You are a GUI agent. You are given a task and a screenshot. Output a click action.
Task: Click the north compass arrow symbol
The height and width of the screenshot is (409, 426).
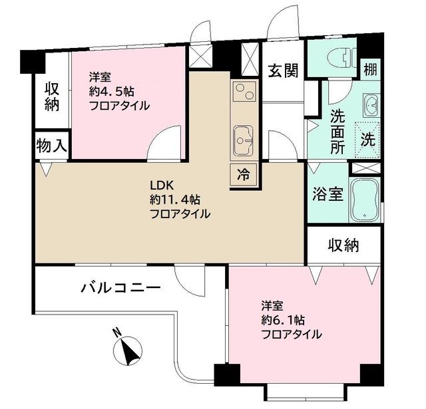coord(127,348)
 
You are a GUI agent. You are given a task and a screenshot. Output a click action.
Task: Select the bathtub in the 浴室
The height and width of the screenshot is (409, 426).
coord(365,200)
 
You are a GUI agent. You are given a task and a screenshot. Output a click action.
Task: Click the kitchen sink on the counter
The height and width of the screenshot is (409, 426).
coord(243,140)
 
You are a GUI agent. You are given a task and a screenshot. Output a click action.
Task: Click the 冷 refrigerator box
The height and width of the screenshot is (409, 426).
coord(244,176)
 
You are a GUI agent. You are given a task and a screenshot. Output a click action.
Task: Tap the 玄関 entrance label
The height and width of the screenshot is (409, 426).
coord(283,70)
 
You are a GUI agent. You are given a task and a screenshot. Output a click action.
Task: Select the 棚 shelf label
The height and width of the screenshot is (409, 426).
coord(369,68)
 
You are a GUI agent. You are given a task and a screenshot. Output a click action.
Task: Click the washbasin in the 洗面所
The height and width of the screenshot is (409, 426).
coord(370,105)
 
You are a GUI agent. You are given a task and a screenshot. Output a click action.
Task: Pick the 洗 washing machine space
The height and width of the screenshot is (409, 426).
coord(367,140)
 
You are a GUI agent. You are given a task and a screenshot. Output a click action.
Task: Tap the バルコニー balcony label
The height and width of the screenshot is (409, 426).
coord(120,288)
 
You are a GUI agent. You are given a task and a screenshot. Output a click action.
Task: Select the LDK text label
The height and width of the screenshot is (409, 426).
coord(161,186)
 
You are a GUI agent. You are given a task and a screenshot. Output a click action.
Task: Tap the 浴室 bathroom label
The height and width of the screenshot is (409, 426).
coord(327,195)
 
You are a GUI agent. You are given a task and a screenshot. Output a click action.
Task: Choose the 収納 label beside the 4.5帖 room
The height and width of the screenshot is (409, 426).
coord(53,96)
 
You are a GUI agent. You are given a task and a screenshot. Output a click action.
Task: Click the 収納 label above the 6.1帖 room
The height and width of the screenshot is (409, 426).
coord(343,245)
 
